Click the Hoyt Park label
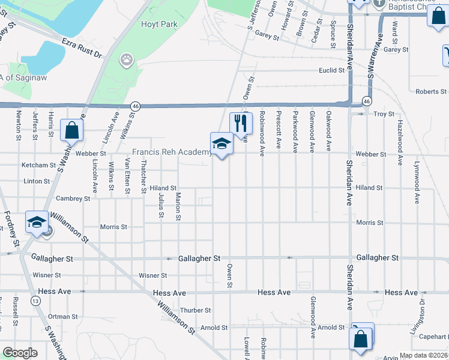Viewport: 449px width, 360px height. click(x=159, y=25)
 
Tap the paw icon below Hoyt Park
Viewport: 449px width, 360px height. click(x=127, y=59)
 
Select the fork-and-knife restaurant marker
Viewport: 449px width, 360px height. click(x=240, y=123)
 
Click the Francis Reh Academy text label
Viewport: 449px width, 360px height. click(x=171, y=152)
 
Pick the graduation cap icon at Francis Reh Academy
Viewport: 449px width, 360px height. click(x=221, y=143)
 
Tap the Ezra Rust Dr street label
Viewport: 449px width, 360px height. click(x=82, y=48)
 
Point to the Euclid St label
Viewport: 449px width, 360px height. click(x=332, y=70)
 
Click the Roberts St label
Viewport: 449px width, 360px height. click(x=431, y=92)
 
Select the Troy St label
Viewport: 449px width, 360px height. click(x=384, y=114)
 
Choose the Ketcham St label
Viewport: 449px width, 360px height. click(x=38, y=165)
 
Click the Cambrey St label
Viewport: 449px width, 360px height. click(x=73, y=198)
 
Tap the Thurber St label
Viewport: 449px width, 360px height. click(x=196, y=310)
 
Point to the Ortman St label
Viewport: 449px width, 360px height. click(x=63, y=316)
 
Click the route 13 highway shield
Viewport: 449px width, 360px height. click(x=37, y=301)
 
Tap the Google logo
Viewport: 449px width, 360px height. click(x=20, y=353)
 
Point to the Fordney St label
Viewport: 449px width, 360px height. click(x=9, y=224)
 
